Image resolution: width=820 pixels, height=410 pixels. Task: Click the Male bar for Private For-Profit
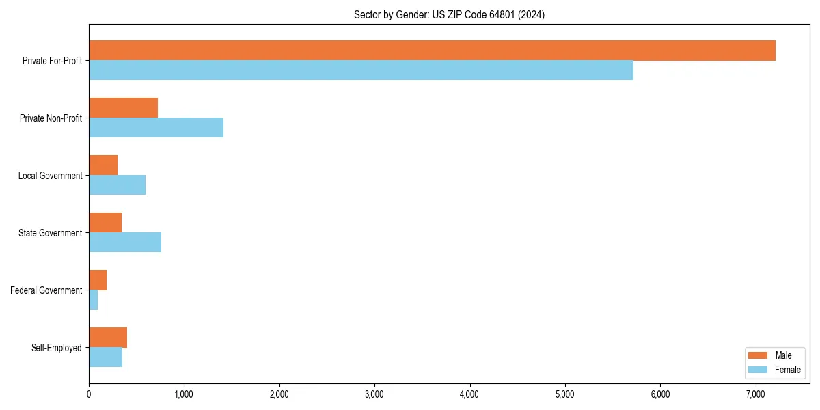[432, 51]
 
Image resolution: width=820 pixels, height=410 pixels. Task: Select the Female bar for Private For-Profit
[361, 70]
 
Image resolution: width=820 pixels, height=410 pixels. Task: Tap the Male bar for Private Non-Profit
[123, 108]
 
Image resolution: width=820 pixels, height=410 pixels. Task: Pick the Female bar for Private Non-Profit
[156, 128]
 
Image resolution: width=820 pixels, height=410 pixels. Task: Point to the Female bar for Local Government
[117, 185]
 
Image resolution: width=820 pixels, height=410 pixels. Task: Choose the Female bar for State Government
[125, 243]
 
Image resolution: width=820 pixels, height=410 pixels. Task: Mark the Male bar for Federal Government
[98, 280]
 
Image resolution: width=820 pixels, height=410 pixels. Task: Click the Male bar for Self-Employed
[108, 338]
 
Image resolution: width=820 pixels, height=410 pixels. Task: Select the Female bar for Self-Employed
[105, 357]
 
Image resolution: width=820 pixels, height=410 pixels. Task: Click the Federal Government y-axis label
[46, 290]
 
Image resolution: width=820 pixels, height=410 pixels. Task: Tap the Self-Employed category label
[57, 348]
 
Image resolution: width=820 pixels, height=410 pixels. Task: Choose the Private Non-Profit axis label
[51, 118]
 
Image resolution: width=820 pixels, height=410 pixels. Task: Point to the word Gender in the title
[409, 14]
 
